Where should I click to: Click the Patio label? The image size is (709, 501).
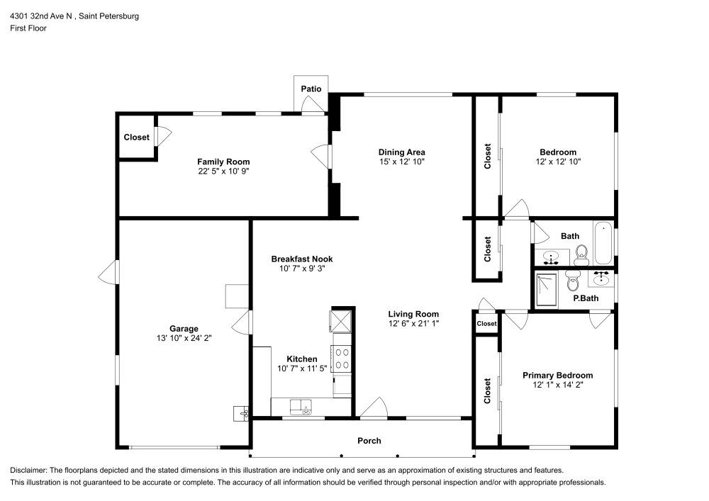(311, 89)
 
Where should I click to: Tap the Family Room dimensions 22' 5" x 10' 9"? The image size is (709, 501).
(223, 171)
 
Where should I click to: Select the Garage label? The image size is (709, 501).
(183, 328)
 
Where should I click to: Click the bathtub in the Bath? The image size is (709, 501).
(603, 243)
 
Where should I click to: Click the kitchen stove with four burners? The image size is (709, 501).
(342, 358)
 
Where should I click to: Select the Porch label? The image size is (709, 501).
(369, 441)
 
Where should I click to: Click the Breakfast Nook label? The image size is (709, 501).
(302, 259)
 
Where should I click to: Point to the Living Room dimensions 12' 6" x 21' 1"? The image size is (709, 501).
(413, 324)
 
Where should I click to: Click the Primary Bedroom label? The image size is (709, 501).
(557, 376)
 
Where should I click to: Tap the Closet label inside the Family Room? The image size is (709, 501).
(136, 137)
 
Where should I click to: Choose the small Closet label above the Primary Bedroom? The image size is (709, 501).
(486, 324)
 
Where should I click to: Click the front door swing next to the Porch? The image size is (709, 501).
(374, 407)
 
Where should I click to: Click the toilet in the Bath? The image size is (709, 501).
(581, 254)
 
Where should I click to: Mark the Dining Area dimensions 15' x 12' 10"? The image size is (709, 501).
(401, 162)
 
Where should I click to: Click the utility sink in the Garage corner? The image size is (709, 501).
(241, 412)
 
